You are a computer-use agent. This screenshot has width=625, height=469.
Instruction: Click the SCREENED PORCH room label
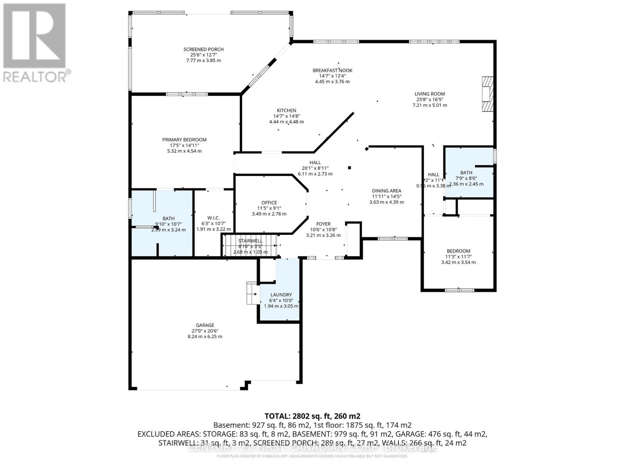(x=204, y=49)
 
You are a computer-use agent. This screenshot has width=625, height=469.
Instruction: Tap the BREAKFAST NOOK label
(x=332, y=70)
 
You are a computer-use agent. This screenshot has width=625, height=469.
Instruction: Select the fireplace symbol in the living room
(x=487, y=94)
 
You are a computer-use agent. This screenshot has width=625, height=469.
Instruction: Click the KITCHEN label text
(x=286, y=111)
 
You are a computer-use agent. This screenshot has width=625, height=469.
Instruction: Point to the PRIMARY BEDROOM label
(x=184, y=140)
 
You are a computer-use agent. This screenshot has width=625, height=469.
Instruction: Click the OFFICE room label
(x=269, y=202)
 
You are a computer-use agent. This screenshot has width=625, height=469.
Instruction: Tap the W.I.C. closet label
(x=213, y=218)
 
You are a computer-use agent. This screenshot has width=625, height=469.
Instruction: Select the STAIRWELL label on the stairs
(x=250, y=241)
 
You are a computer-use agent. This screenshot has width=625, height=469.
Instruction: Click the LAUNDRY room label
(x=281, y=295)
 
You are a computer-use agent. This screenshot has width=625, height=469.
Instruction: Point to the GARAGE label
(x=205, y=325)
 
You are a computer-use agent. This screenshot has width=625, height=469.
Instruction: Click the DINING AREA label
(x=386, y=191)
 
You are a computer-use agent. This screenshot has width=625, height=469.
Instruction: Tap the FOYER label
(x=323, y=224)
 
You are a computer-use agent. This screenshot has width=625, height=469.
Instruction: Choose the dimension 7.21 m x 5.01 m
(x=430, y=105)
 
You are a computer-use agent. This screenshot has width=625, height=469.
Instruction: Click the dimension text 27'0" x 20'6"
(x=205, y=331)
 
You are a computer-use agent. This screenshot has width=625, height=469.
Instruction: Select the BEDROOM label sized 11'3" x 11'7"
(x=458, y=251)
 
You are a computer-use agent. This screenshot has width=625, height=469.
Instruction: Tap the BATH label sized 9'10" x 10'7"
(x=168, y=218)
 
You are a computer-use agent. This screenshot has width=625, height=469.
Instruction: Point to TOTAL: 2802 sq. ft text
(x=312, y=416)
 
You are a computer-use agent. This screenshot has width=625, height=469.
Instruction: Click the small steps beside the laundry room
(x=252, y=293)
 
